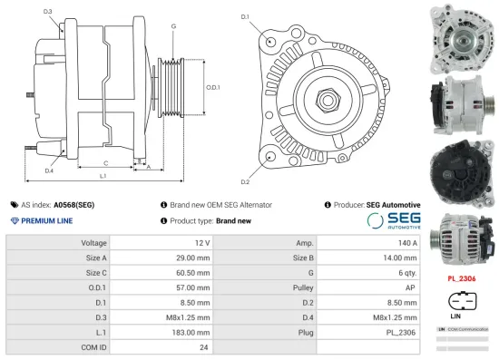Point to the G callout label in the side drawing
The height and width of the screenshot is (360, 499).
click(172, 26)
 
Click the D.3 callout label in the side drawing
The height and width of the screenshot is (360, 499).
click(47, 12)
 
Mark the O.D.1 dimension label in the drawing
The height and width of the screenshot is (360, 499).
click(212, 87)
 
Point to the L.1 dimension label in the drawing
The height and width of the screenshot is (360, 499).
click(103, 175)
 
